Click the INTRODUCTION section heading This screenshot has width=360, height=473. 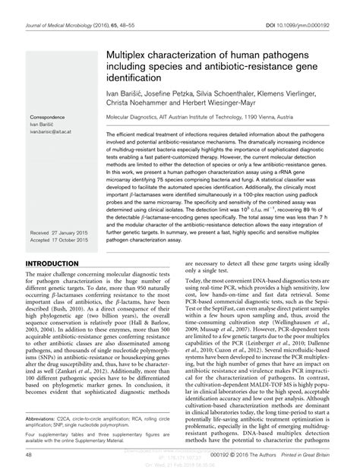[x=55, y=263]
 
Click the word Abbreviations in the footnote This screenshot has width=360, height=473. [x=45, y=418]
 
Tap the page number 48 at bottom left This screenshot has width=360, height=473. [x=29, y=455]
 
